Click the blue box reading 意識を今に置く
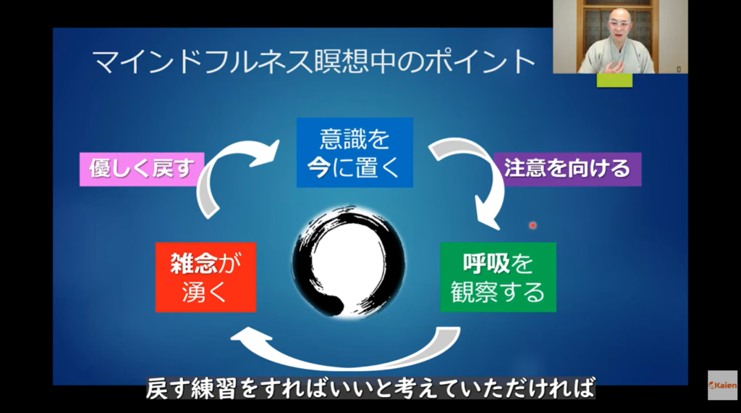pyautogui.click(x=355, y=152)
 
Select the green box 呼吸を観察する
pyautogui.click(x=498, y=276)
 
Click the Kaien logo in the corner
pyautogui.click(x=722, y=385)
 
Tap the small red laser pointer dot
pyautogui.click(x=533, y=225)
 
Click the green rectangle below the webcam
pyautogui.click(x=614, y=80)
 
